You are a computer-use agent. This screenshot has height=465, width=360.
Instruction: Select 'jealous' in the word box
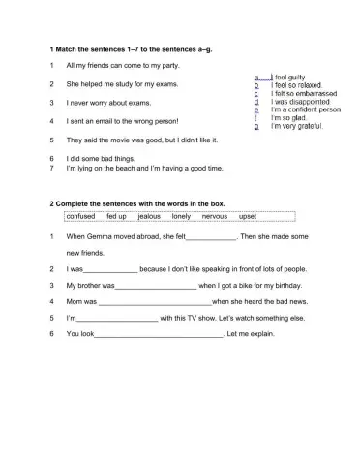[x=150, y=217]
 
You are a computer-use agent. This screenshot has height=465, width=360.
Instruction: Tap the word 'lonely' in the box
[x=181, y=217]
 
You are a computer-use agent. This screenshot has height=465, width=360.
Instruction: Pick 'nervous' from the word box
[x=214, y=217]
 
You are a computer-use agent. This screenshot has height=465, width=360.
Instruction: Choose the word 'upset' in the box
[x=247, y=217]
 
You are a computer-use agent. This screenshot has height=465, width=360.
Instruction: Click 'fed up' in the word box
[x=117, y=217]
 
